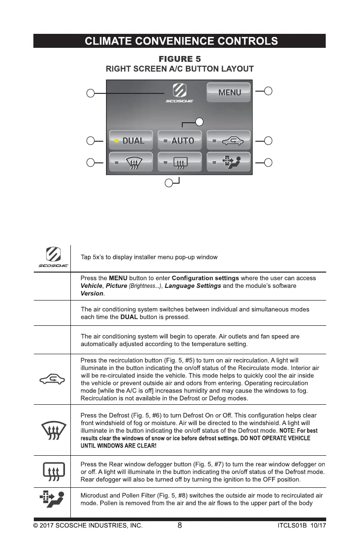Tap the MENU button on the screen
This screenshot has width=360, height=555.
229,92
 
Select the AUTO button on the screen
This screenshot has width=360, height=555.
179,140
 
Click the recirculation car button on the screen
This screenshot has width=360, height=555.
228,140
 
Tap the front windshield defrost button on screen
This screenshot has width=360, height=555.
130,162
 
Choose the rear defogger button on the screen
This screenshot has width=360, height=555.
179,162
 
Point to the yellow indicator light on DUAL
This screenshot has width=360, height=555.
116,141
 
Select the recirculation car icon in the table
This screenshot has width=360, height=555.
52,379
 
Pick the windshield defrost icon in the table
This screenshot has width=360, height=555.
52,430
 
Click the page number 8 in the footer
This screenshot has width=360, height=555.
180,525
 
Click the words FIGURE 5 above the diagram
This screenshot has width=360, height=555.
180,59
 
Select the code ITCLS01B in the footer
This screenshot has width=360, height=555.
293,526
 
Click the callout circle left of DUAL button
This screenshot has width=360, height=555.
91,141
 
